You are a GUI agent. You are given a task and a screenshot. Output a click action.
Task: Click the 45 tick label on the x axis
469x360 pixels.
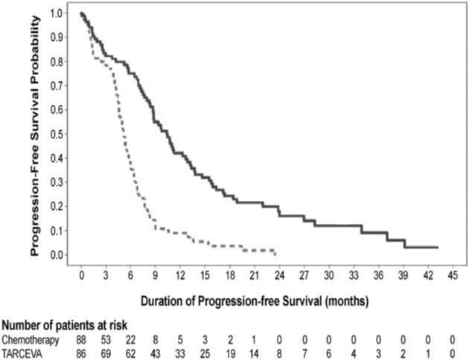451,274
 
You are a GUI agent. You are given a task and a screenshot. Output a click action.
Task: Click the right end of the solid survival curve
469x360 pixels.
437,247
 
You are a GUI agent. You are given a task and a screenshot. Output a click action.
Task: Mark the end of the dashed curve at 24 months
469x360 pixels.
275,254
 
